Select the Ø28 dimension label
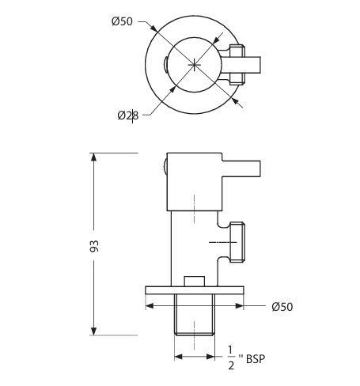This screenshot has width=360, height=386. [128, 115]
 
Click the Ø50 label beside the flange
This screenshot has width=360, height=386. [282, 306]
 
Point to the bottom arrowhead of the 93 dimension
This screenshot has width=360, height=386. [94, 331]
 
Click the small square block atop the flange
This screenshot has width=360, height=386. [195, 281]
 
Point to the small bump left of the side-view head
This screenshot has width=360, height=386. [163, 168]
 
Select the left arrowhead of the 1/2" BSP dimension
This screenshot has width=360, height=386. [178, 357]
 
